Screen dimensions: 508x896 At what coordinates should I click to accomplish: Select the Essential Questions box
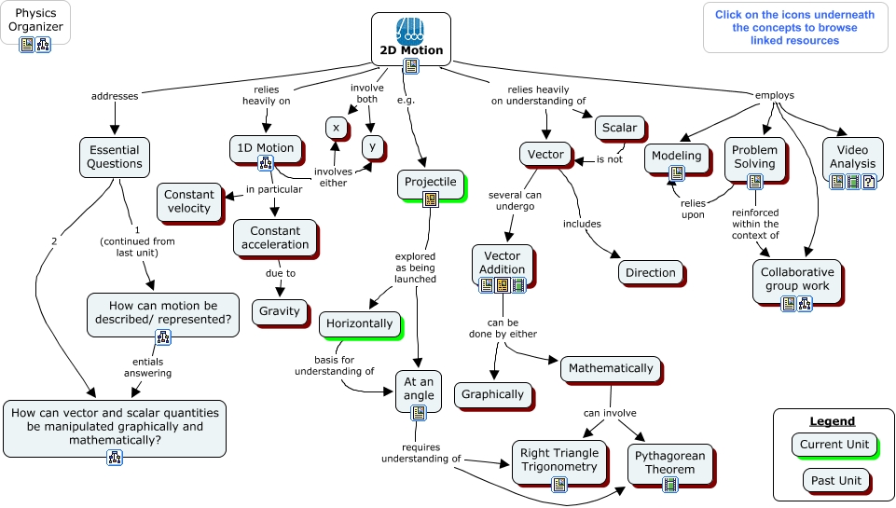(x=115, y=157)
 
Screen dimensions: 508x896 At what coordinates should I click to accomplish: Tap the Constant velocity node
(x=188, y=201)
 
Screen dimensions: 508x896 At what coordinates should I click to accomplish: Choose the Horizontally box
(x=359, y=323)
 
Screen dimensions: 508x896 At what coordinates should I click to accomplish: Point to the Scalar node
(x=619, y=129)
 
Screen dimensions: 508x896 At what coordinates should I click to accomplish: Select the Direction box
(x=650, y=273)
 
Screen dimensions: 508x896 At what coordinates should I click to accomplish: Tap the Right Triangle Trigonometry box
(x=559, y=458)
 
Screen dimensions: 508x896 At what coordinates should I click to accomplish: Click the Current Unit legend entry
(x=834, y=445)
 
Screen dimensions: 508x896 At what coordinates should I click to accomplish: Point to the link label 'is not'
(x=609, y=159)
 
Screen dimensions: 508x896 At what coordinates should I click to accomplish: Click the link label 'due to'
(x=280, y=273)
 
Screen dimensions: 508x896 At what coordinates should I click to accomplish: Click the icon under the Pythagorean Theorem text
(x=669, y=484)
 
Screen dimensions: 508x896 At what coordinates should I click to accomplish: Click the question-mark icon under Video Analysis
(x=868, y=182)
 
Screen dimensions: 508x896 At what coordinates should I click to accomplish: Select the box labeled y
(x=372, y=146)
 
